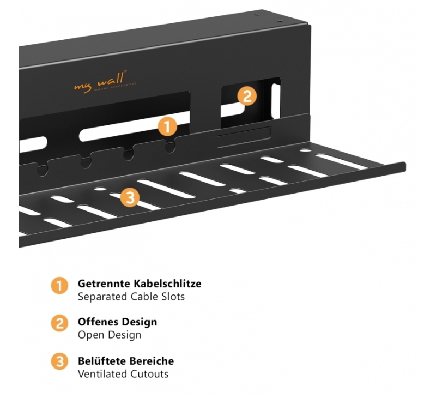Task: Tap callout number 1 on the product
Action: (x=167, y=127)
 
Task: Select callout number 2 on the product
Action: (x=246, y=97)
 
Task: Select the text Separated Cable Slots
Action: (x=131, y=297)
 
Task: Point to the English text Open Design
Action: (x=109, y=335)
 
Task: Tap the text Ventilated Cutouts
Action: (x=123, y=374)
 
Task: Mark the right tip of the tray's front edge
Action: (x=404, y=165)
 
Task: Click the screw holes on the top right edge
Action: (x=268, y=16)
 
